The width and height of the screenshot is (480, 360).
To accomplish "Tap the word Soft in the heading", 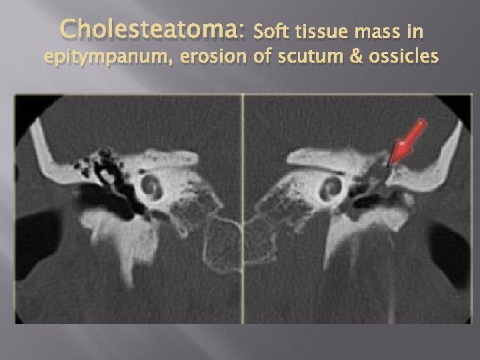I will click(x=271, y=30).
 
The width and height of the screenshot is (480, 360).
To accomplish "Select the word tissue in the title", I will click(x=319, y=30).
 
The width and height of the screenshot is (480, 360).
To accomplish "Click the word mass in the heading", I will click(x=378, y=31).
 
